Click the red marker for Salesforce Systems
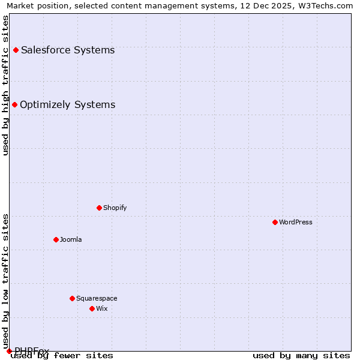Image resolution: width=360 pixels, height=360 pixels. (16, 50)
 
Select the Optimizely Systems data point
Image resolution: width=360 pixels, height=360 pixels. (14, 105)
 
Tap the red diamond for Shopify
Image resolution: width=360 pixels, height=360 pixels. (99, 208)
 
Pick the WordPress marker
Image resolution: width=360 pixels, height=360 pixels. (275, 222)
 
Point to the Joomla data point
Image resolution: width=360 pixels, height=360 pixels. (56, 239)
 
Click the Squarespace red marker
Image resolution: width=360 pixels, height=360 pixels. (72, 298)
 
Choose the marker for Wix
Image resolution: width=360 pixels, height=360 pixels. (92, 308)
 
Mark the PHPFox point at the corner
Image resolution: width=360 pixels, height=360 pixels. (9, 351)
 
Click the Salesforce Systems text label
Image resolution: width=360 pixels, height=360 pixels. (68, 50)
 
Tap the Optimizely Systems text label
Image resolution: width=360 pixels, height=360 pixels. (68, 105)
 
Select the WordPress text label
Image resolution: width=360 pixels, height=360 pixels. (296, 222)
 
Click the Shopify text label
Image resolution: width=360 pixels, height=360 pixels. (115, 208)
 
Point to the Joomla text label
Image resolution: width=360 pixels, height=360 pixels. (71, 239)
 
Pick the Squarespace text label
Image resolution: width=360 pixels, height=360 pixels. (97, 298)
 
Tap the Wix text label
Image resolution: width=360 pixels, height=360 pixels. (102, 308)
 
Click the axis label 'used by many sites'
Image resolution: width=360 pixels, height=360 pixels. (301, 356)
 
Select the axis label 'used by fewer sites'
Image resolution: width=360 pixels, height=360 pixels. (62, 356)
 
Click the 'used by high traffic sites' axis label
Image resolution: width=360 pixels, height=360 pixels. (5, 85)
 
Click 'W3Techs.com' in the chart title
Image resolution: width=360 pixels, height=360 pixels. (328, 5)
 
